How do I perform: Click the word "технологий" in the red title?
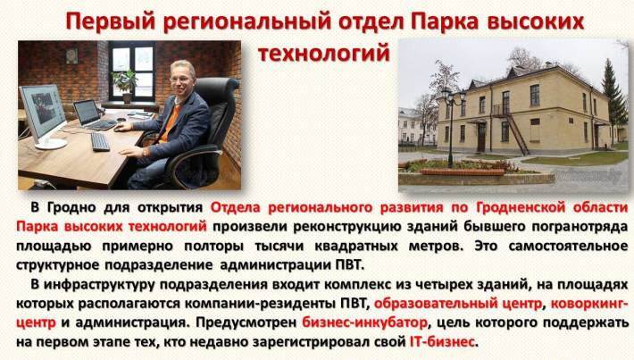coord(324,53)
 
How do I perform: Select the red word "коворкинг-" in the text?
coord(589,303)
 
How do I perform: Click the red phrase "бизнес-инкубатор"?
coord(364,322)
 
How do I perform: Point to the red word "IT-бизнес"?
coord(442,342)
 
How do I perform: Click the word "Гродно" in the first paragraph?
coord(72,208)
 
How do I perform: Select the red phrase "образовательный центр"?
coord(458,304)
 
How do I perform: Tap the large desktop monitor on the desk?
coord(44,116)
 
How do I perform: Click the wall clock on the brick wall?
coord(72,55)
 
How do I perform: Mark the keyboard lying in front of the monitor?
coord(100,142)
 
